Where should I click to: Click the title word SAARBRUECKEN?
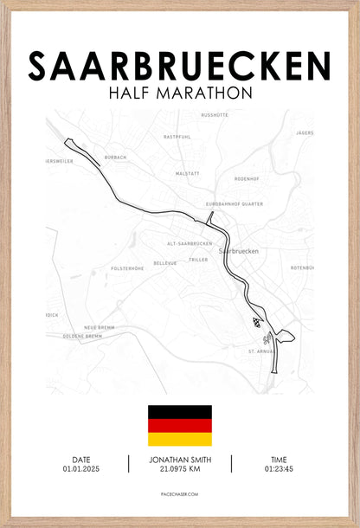(x=180, y=66)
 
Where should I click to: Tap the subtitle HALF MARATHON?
(x=180, y=92)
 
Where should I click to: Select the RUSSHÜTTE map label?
(x=215, y=115)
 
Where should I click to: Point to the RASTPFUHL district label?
(x=177, y=137)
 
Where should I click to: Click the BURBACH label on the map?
(x=116, y=158)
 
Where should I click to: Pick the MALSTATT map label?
(x=188, y=173)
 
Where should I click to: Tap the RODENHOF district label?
(x=247, y=178)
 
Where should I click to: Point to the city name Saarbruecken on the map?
(x=240, y=251)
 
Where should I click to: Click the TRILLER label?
(x=199, y=259)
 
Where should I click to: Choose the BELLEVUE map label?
(x=164, y=262)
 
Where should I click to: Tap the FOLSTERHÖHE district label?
(x=127, y=268)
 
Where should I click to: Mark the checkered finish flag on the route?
(x=256, y=320)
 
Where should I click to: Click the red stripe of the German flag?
(x=180, y=426)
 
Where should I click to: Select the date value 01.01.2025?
(x=81, y=468)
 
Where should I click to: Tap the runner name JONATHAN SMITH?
(x=180, y=460)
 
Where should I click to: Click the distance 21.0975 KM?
(x=180, y=469)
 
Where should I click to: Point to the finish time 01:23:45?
(x=279, y=468)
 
